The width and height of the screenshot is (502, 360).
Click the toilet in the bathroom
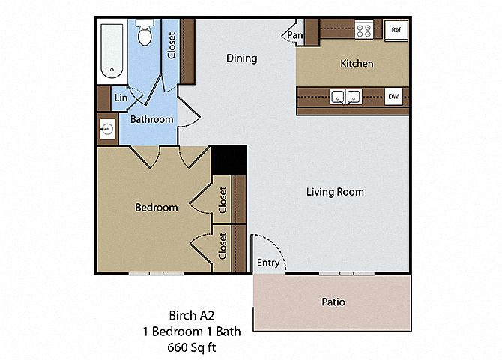pyautogui.click(x=145, y=32)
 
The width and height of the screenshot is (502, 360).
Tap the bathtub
pyautogui.click(x=112, y=51)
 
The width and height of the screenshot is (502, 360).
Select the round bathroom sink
pyautogui.click(x=107, y=129)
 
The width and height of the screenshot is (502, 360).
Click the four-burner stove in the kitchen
pyautogui.click(x=364, y=29)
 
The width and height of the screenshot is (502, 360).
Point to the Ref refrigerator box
pyautogui.click(x=396, y=30)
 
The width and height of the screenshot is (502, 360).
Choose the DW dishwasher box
pyautogui.click(x=393, y=96)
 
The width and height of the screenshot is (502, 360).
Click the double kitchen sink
pyautogui.click(x=345, y=97)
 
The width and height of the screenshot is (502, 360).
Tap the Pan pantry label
pyautogui.click(x=295, y=35)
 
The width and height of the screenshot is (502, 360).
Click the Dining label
pyautogui.click(x=242, y=58)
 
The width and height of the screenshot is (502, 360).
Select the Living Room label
pyautogui.click(x=335, y=192)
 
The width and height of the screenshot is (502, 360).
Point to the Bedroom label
pyautogui.click(x=157, y=208)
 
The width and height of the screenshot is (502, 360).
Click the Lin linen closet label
pyautogui.click(x=121, y=97)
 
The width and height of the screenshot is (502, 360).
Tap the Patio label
pyautogui.click(x=333, y=302)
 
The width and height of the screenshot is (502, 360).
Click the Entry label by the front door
pyautogui.click(x=268, y=262)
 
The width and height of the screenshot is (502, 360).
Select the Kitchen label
pyautogui.click(x=357, y=64)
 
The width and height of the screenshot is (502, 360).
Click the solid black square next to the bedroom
pyautogui.click(x=229, y=160)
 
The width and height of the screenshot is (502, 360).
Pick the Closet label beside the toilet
pyautogui.click(x=172, y=45)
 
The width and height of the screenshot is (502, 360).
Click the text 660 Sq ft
pyautogui.click(x=192, y=347)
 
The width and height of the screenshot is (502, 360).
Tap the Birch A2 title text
pyautogui.click(x=192, y=316)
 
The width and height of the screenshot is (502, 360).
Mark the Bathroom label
pyautogui.click(x=152, y=119)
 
